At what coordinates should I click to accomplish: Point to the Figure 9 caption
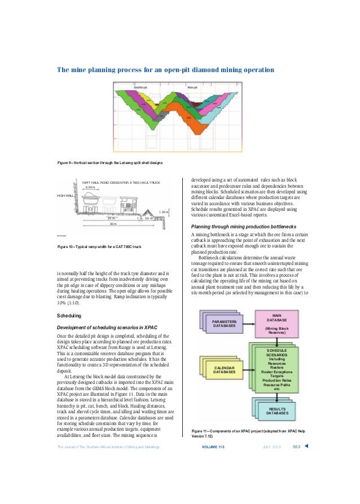111,163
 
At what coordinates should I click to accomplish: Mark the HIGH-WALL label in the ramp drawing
65,195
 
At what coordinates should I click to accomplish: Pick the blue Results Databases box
276,411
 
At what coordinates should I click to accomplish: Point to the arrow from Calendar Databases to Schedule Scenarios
247,369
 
